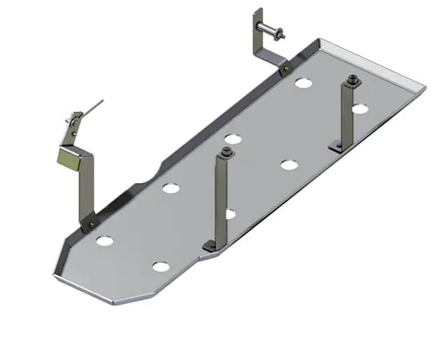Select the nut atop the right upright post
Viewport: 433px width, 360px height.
point(354,79)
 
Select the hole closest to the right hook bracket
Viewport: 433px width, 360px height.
point(302,83)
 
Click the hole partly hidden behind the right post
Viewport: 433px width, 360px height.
point(360,108)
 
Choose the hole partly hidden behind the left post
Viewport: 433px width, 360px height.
point(231,214)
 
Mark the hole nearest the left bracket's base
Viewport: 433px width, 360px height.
point(105,241)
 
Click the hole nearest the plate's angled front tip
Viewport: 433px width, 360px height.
point(160,267)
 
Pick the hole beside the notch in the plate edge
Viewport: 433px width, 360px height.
point(171,187)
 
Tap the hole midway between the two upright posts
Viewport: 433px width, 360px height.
point(288,164)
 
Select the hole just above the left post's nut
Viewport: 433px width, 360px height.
point(232,139)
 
